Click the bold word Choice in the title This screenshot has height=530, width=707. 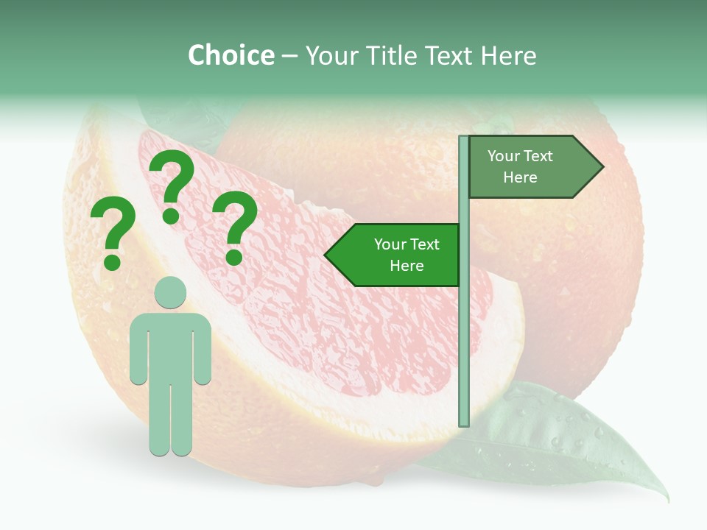(231, 55)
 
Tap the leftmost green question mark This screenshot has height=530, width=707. (112, 236)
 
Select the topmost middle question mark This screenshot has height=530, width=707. (172, 188)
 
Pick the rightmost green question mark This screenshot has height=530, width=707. (235, 227)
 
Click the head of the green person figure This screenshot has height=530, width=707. (170, 292)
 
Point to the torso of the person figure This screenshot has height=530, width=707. (170, 346)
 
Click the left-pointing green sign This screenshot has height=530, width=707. (398, 255)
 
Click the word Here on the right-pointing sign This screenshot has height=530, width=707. (520, 177)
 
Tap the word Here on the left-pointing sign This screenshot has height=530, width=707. (407, 266)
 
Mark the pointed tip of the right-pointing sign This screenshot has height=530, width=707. (602, 166)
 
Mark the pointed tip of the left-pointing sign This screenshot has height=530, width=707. (326, 255)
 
